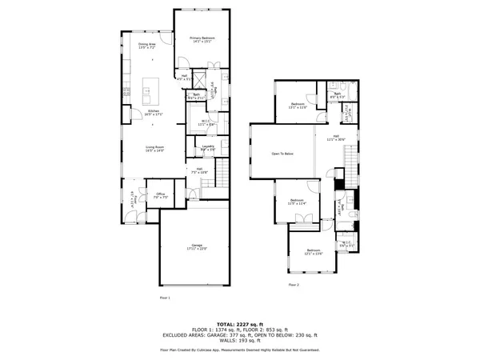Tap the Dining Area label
[147, 46]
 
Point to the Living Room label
[154, 149]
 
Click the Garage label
[196, 246]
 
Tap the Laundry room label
[207, 148]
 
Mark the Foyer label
[130, 198]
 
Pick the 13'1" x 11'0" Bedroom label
[298, 106]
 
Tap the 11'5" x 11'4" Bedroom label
[297, 202]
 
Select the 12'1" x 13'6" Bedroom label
[314, 253]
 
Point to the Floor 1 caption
[165, 297]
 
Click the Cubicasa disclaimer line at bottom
[240, 350]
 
